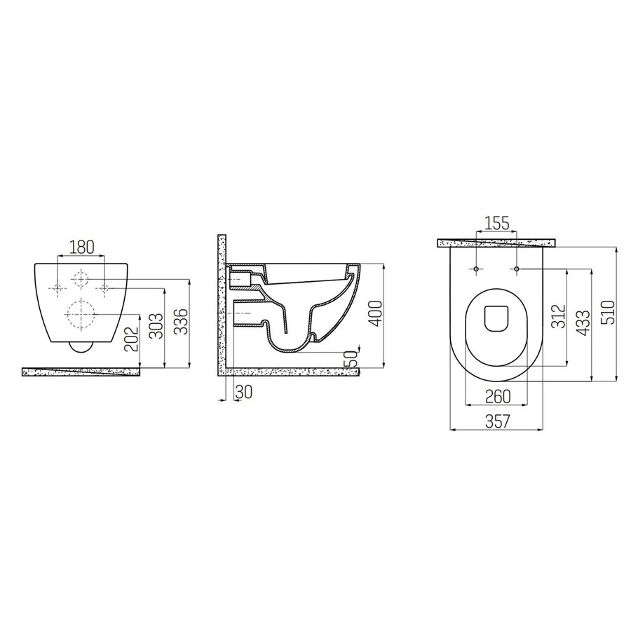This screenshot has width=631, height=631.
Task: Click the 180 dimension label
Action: (x=82, y=247)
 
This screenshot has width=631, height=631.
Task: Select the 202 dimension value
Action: (x=131, y=338)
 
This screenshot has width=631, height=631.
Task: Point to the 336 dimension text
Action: (x=181, y=322)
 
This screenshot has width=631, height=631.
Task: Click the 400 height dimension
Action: (x=374, y=314)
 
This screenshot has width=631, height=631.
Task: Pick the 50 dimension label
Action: (x=351, y=358)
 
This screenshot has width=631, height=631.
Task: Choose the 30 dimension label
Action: (x=244, y=391)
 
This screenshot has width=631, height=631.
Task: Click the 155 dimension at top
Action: (x=496, y=223)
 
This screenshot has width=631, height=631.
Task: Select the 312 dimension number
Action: (x=558, y=317)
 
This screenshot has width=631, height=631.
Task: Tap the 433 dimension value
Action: (x=583, y=323)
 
